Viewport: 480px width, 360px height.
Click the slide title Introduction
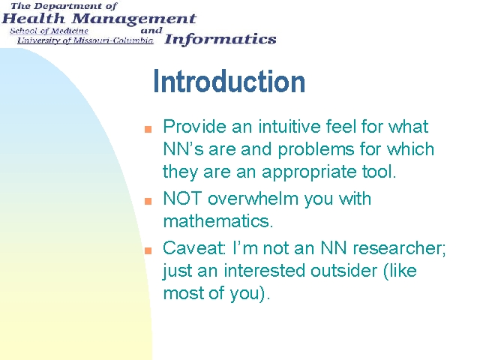(x=229, y=81)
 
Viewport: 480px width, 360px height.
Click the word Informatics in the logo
(x=220, y=40)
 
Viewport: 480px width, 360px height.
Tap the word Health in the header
(x=33, y=19)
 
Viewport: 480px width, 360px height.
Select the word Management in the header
(x=134, y=19)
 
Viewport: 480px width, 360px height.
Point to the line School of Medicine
(x=49, y=31)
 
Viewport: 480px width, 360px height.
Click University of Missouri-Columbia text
(x=85, y=40)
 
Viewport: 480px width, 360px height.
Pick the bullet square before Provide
(x=148, y=129)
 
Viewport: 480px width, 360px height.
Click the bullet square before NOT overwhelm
(x=148, y=201)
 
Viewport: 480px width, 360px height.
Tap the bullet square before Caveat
(x=148, y=250)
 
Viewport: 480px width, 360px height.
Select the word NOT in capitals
(x=182, y=198)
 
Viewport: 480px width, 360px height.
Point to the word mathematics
(x=218, y=220)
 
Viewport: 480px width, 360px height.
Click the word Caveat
(x=194, y=248)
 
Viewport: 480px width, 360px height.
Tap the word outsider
(x=344, y=271)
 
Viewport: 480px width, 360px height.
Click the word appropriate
(x=309, y=172)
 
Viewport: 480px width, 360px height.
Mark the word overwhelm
(x=253, y=198)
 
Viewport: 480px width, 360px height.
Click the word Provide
(x=195, y=126)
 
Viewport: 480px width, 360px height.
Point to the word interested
(x=265, y=271)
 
